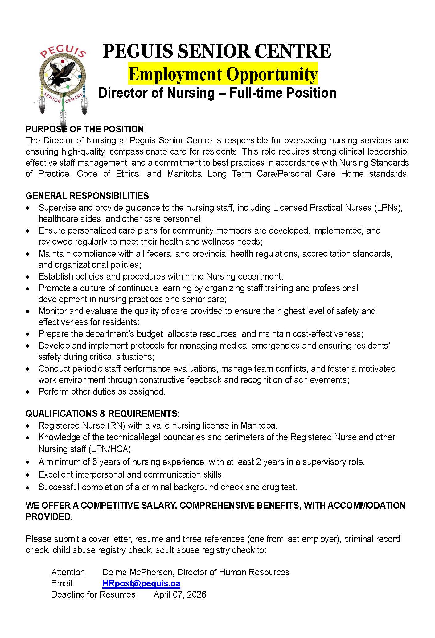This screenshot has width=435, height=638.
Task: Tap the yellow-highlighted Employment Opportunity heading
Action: point(223,74)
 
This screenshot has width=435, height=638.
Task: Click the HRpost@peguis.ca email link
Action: point(141,583)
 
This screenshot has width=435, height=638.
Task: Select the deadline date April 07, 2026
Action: point(180,594)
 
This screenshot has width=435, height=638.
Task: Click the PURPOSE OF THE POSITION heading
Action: point(84,129)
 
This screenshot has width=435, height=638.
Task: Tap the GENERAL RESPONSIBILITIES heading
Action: point(87,196)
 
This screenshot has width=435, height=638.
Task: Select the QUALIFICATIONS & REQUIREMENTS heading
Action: point(102,413)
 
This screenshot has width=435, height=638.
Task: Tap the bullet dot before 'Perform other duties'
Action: point(28,392)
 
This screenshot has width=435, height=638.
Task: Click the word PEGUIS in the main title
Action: point(137,51)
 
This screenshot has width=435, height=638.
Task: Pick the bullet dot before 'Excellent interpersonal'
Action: point(28,475)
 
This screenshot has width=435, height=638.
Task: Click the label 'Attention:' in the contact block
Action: point(69,572)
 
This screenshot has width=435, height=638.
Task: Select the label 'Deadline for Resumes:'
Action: point(94,594)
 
